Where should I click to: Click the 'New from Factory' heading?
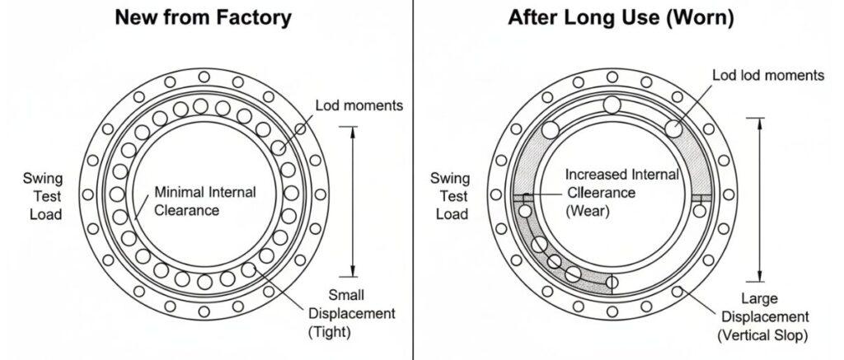pos(203,18)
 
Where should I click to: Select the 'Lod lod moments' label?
pos(768,75)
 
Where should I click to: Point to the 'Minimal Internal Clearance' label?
pos(206,201)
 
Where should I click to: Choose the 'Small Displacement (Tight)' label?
pos(352,314)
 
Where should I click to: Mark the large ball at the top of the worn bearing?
pos(612,105)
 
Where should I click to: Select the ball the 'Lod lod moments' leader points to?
pos(674,128)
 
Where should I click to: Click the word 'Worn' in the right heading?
pos(703,18)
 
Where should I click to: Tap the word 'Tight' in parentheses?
pos(329,332)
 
